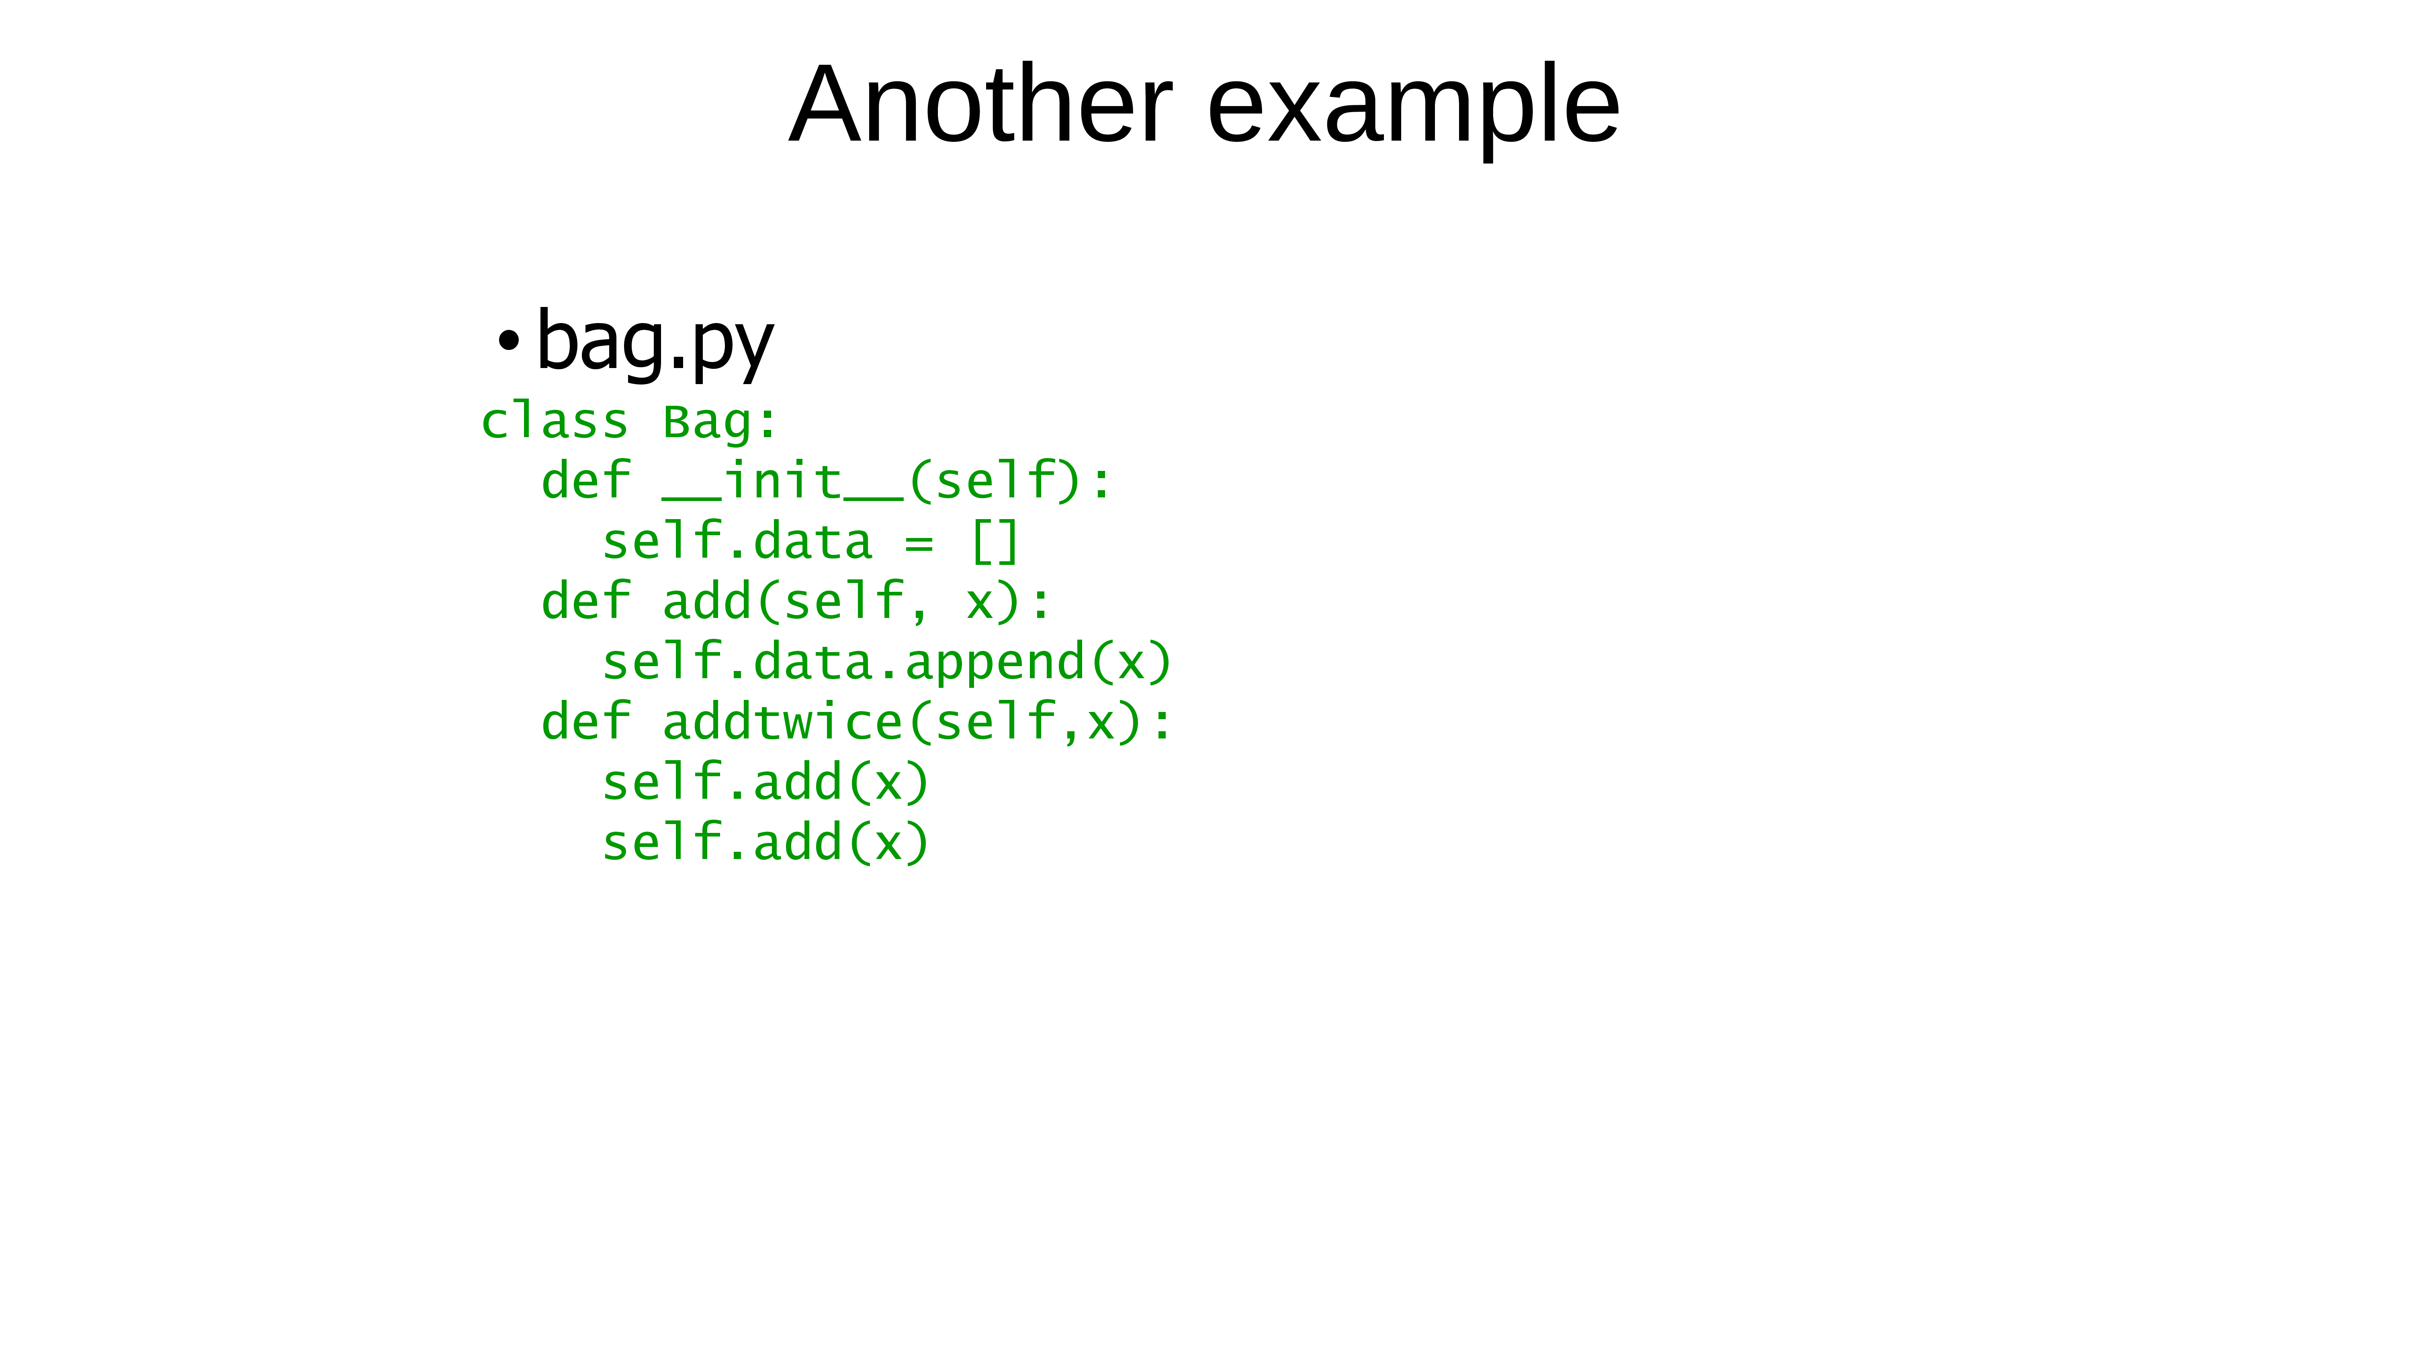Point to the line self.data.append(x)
[887, 663]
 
